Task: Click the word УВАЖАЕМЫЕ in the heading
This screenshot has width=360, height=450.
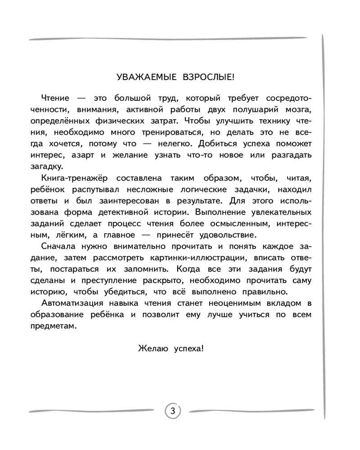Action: pyautogui.click(x=142, y=77)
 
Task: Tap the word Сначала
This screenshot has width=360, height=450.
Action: pyautogui.click(x=58, y=246)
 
